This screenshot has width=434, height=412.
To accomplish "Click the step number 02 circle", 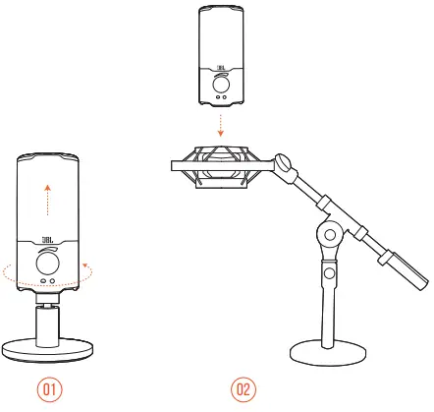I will pos(244,389).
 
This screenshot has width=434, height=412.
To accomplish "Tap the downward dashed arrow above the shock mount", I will pos(223,123).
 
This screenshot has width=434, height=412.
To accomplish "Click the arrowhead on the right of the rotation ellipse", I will pos(87,263).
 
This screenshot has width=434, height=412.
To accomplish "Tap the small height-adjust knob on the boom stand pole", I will pos(330,272).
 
